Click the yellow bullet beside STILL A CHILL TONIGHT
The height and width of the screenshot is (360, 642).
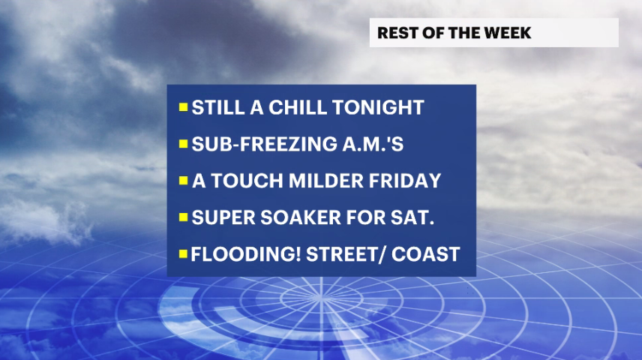pos(183,107)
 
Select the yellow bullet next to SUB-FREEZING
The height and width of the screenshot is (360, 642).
pos(183,144)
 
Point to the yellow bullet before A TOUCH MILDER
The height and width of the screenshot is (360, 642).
pos(183,181)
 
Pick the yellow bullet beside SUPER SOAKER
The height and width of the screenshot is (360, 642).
pos(183,217)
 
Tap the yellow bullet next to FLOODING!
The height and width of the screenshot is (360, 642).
pos(183,254)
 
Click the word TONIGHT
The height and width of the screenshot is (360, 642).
pos(378,107)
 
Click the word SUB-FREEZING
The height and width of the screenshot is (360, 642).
pos(262,144)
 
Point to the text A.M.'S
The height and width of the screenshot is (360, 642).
pos(370,144)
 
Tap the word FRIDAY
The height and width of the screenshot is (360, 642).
pos(405,181)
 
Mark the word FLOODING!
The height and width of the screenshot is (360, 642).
pos(246,254)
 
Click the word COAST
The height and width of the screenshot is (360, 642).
pos(426,254)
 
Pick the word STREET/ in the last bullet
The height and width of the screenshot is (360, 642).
pos(346,254)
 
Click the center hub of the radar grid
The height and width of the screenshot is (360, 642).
pos(322,299)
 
